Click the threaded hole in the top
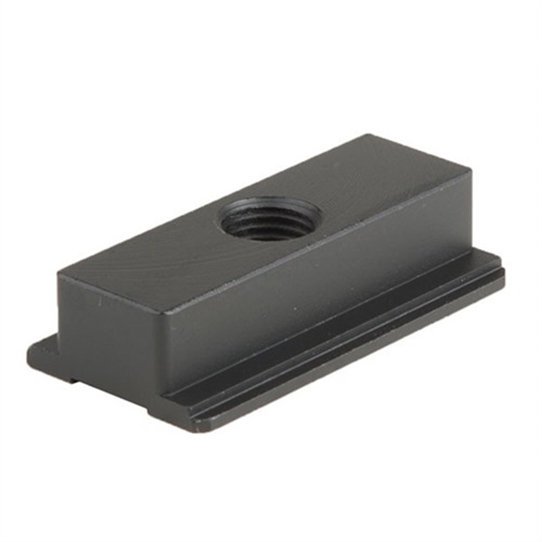[271, 219]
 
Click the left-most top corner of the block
[59, 275]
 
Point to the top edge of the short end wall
[113, 294]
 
